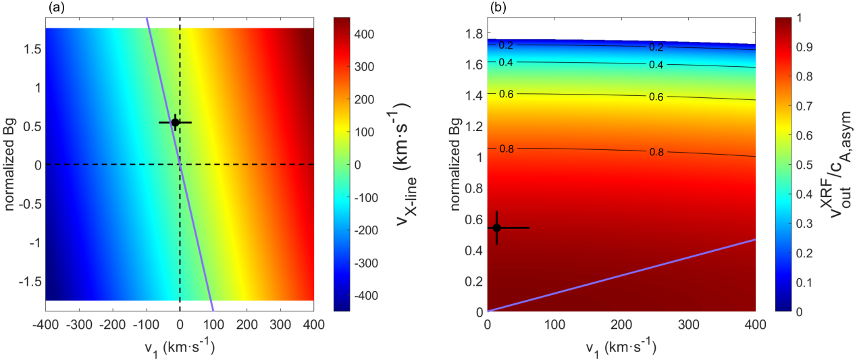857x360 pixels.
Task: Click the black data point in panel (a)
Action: tap(175, 122)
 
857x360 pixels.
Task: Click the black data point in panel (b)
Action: tap(496, 228)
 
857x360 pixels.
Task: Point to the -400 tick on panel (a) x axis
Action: tap(45, 323)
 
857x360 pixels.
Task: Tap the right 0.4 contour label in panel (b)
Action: tap(655, 66)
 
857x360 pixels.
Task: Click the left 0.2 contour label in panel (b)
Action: tap(507, 46)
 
